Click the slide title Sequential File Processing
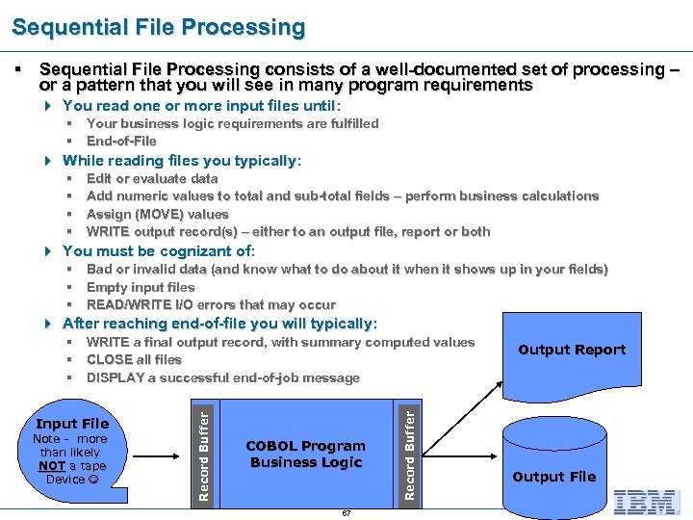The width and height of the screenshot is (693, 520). (x=159, y=28)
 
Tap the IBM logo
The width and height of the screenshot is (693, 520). (x=646, y=501)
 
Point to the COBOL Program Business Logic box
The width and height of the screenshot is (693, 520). (x=306, y=455)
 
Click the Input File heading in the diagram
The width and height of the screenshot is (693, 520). (x=72, y=424)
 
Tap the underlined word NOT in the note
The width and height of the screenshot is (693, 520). (x=52, y=466)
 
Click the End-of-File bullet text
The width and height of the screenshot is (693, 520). (x=121, y=141)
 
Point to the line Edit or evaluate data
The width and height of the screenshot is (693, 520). (x=152, y=178)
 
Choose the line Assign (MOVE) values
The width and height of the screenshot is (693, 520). (x=158, y=214)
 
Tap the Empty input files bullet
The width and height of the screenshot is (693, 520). (x=141, y=287)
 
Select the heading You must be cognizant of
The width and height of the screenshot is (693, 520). (x=158, y=251)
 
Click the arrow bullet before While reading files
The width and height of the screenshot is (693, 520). (x=49, y=161)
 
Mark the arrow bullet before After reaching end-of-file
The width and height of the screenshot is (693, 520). (x=49, y=324)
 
